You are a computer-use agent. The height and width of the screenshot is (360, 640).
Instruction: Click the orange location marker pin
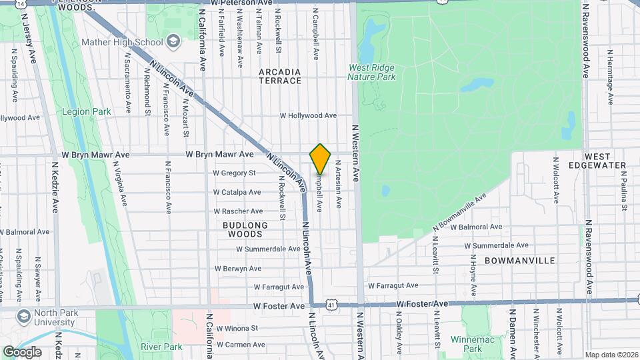click(x=321, y=159)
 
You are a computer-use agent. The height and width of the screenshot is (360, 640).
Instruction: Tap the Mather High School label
click(x=122, y=43)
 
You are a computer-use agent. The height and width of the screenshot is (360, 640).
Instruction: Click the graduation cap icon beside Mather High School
click(x=174, y=42)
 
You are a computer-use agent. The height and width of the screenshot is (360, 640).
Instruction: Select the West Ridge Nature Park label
click(x=371, y=72)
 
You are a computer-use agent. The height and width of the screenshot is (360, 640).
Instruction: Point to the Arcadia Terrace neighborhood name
click(x=280, y=76)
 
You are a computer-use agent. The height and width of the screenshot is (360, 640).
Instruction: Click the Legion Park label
click(x=87, y=112)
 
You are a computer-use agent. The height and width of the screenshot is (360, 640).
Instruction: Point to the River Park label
click(x=161, y=347)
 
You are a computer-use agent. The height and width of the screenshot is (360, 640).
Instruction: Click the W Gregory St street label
click(x=234, y=173)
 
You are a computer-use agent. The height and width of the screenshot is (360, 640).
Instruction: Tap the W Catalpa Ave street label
click(x=237, y=192)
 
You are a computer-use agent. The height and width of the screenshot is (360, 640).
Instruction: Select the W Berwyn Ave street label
click(x=238, y=269)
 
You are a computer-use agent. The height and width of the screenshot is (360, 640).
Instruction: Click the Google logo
click(x=22, y=351)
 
